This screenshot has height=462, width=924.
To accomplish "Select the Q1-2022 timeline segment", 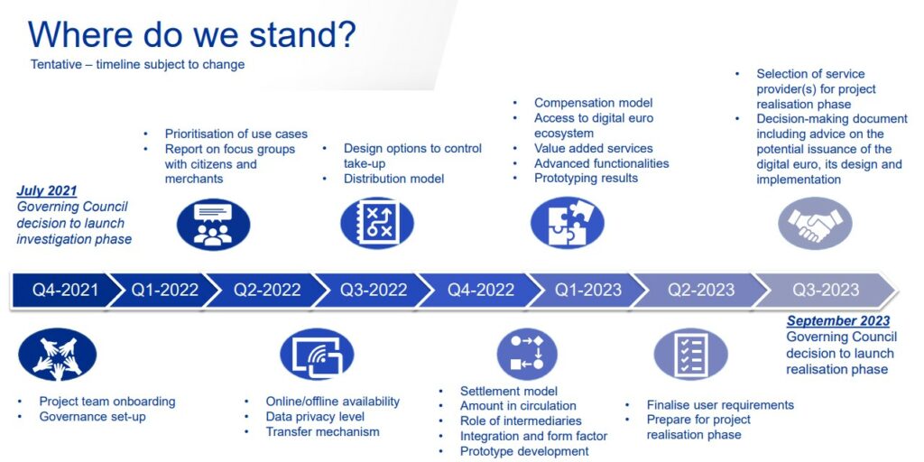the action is coord(165,290).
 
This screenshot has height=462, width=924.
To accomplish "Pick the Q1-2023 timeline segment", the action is coord(587,290).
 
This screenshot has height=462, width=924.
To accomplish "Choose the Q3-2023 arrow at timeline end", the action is coord(825,290).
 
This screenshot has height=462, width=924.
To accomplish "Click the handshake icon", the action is coord(815,224).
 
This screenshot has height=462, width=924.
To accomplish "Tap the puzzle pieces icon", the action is coord(568,224).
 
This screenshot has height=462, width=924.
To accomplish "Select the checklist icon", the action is coord(691,354).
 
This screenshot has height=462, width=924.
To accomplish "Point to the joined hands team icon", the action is coord(57,354).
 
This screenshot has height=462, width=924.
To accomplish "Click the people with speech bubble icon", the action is coord(213,225).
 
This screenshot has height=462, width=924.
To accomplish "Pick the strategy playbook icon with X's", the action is coord(377,224).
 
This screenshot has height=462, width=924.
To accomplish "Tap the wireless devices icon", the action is coord(317,354).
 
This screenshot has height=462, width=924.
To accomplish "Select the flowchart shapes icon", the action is coord(527,354).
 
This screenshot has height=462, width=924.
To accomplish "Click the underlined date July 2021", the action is coord(47,191).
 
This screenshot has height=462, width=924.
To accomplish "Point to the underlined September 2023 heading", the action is coord(838,321).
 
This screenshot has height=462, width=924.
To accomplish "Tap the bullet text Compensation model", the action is coord(594,103).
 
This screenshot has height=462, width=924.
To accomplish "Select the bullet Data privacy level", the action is coord(315,417).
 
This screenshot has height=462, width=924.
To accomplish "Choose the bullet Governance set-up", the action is coord(93,417).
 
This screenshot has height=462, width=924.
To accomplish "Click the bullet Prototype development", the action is coord(524,451).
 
